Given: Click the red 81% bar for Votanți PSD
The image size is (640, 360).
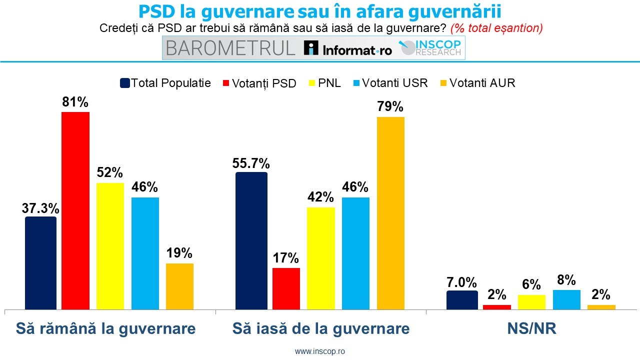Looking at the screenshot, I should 75,210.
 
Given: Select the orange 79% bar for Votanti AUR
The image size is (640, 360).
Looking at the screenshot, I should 390,213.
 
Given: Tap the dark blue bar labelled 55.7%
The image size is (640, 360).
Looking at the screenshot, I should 251,240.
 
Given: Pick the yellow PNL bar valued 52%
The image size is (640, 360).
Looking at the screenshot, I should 110,246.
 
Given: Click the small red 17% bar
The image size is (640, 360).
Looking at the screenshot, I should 286,288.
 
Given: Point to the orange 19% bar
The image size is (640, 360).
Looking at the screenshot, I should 179,286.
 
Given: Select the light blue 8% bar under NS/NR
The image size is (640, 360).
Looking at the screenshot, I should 566,299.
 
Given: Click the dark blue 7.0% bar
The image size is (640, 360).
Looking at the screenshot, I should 461,300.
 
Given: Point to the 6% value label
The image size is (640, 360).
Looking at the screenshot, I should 531,285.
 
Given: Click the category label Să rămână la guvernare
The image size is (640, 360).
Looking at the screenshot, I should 105,328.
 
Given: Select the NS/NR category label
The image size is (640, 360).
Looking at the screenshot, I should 531,328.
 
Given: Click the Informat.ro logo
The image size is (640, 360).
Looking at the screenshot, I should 348,48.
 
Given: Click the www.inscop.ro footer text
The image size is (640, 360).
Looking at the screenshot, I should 320,351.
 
